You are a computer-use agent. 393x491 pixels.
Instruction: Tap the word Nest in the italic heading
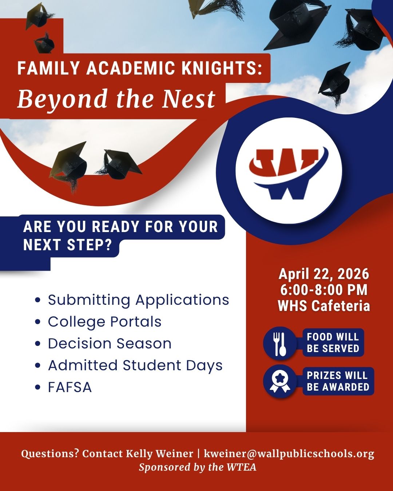tap(189, 98)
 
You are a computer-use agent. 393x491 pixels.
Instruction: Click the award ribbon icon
tap(279, 381)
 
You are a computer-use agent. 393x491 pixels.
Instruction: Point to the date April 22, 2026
tap(323, 274)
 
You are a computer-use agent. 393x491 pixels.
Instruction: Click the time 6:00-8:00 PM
tap(324, 290)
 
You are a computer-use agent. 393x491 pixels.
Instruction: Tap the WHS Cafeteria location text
tap(324, 306)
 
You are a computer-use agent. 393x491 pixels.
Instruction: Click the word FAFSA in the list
tap(70, 387)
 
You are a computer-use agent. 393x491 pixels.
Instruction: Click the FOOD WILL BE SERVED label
tap(333, 343)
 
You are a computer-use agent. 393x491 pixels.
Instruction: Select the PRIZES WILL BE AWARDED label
tap(338, 381)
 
